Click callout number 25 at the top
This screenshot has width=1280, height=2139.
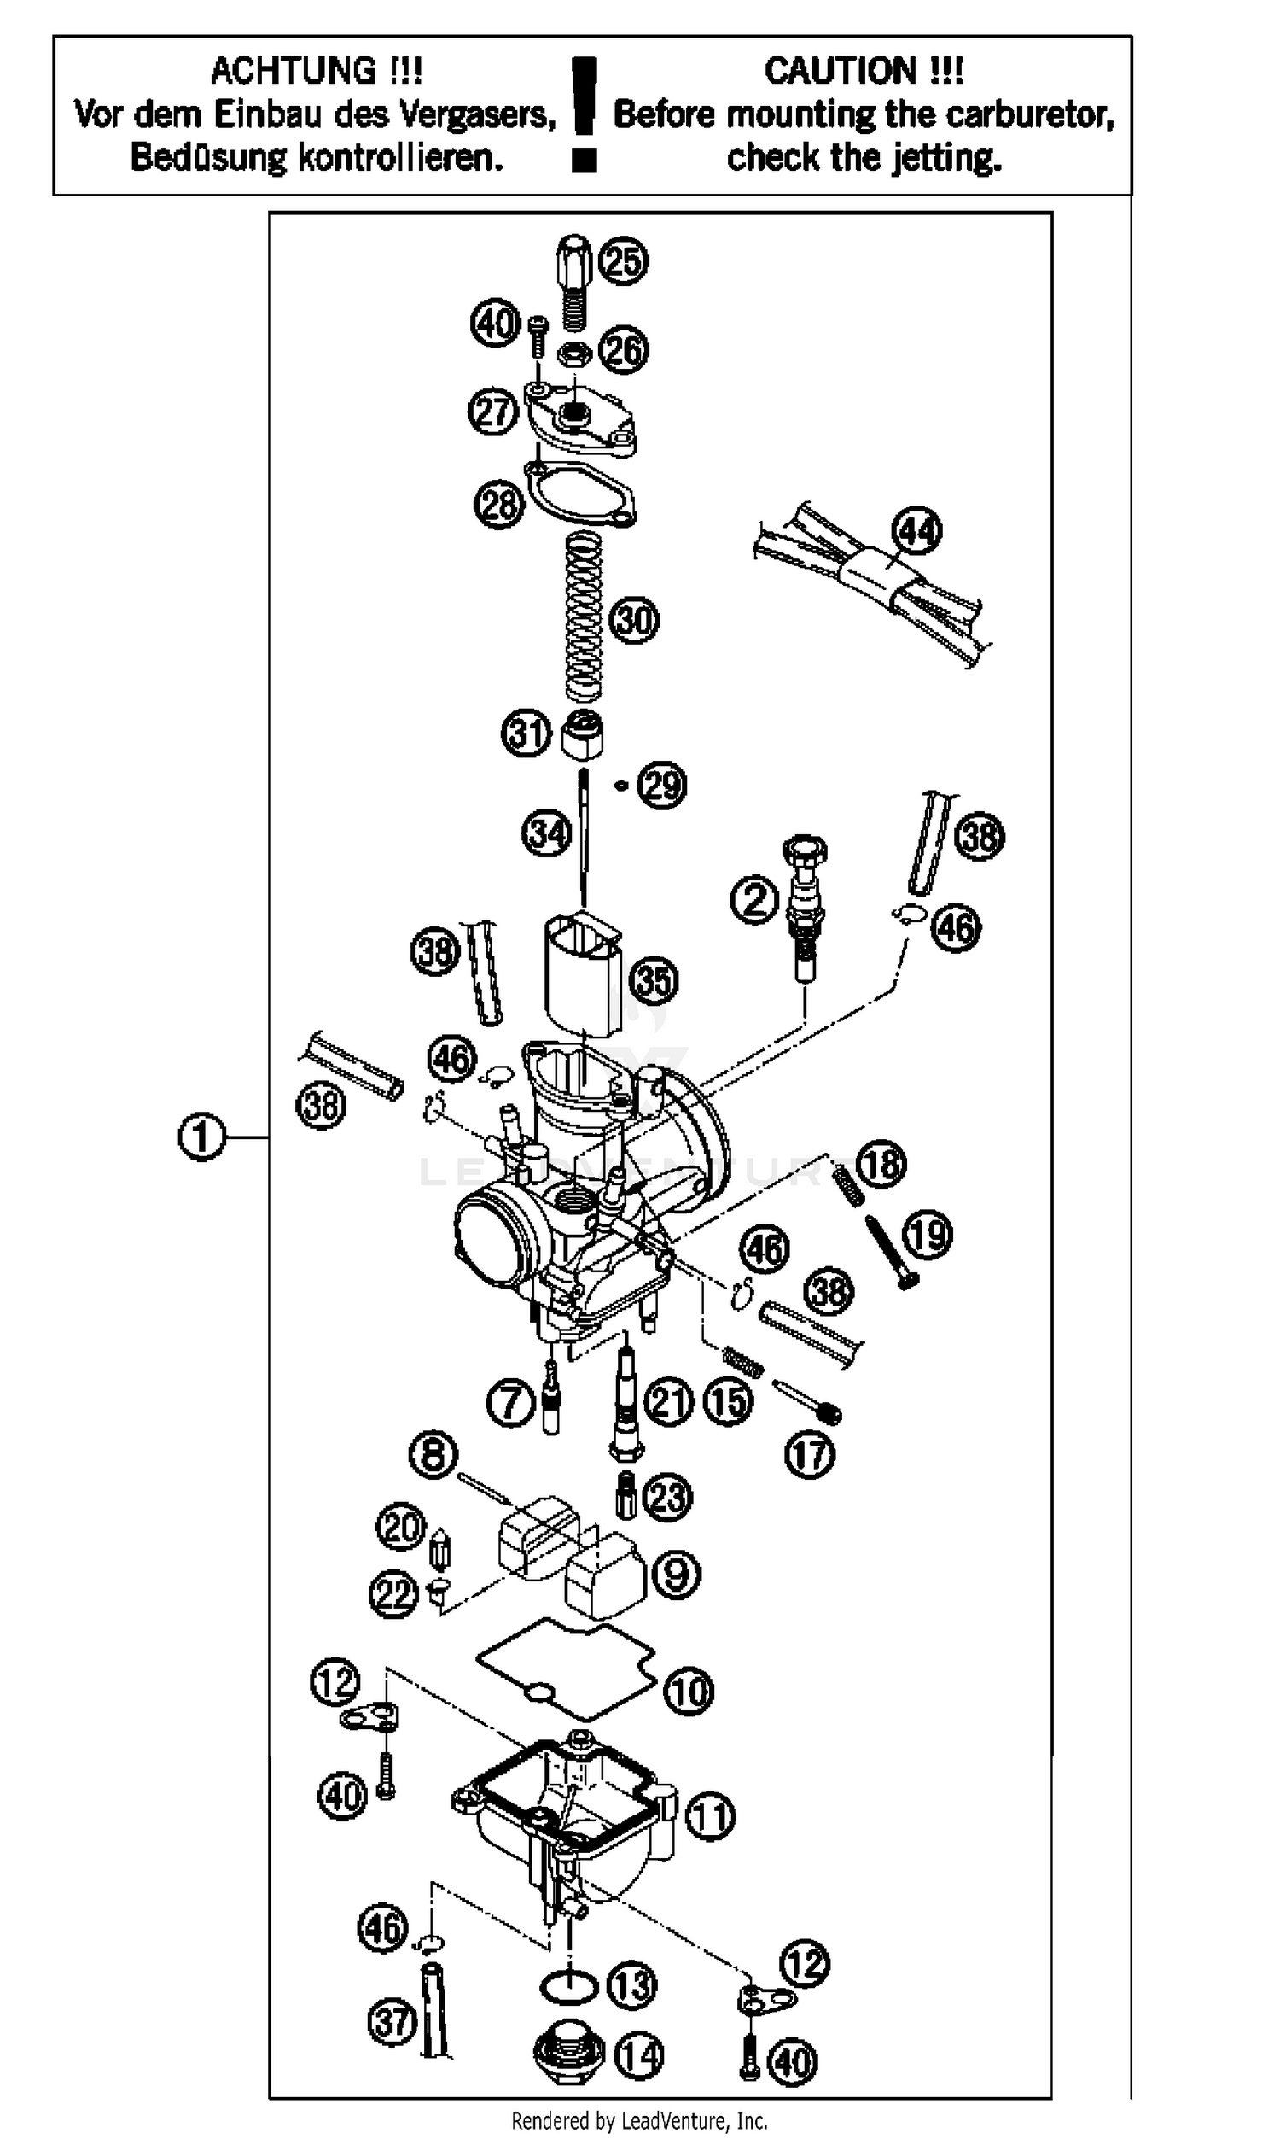coord(624,261)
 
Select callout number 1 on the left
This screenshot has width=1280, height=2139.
coord(201,1137)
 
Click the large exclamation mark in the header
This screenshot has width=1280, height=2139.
coord(585,113)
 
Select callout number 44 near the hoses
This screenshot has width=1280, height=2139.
coord(916,531)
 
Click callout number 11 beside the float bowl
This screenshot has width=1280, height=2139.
coord(710,1816)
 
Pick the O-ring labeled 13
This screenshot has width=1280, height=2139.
coord(569,1984)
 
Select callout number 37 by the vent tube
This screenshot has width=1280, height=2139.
coord(393,2022)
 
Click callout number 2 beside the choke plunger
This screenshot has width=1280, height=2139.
coord(754,901)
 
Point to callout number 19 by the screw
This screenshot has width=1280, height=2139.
coord(928,1235)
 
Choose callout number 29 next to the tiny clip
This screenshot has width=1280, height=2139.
coord(661,786)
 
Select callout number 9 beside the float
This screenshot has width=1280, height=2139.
coord(675,1573)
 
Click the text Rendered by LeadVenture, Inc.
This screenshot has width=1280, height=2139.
coord(639,2120)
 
